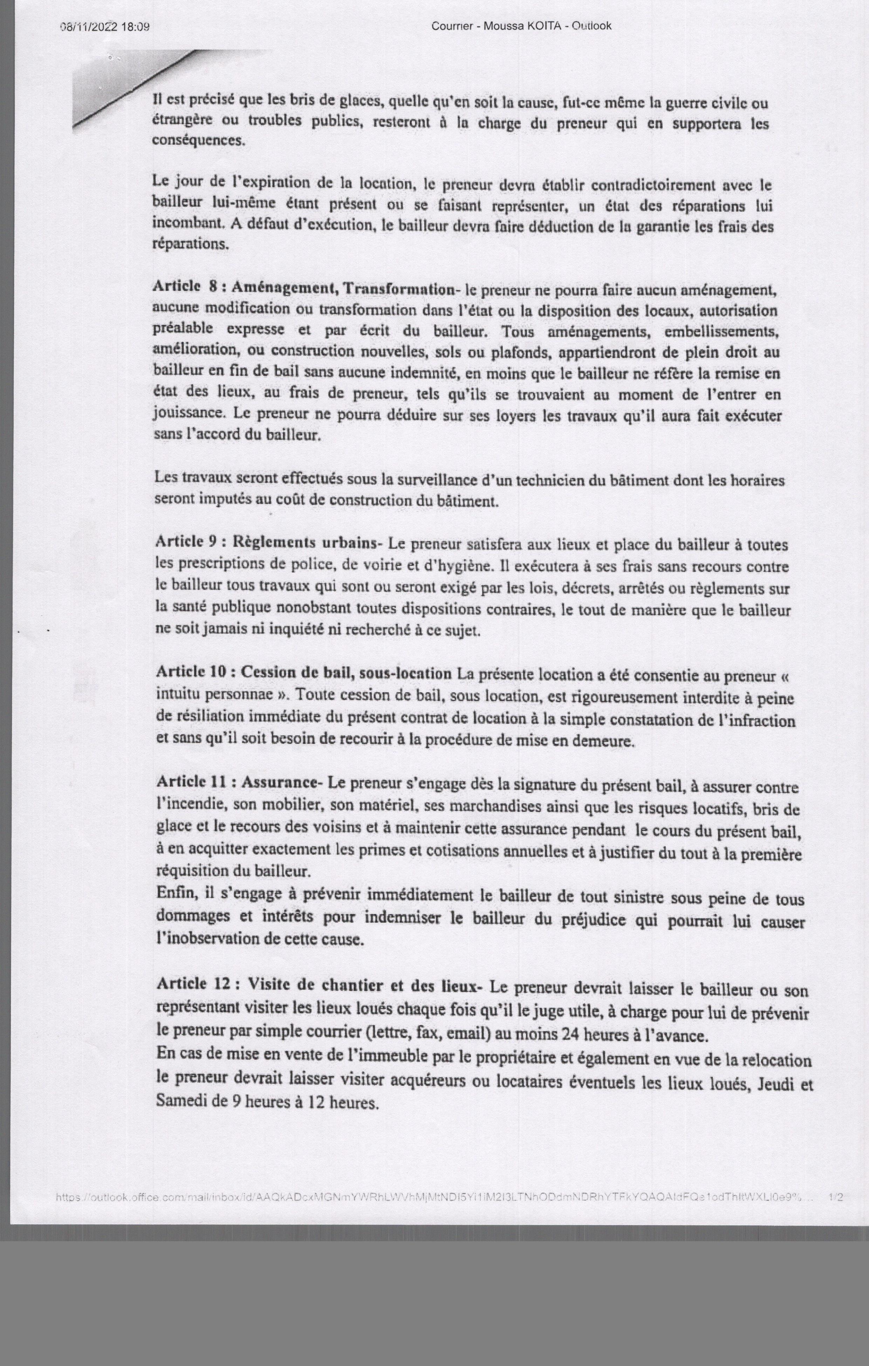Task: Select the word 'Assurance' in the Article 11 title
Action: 279,782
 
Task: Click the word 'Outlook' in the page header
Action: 591,26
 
